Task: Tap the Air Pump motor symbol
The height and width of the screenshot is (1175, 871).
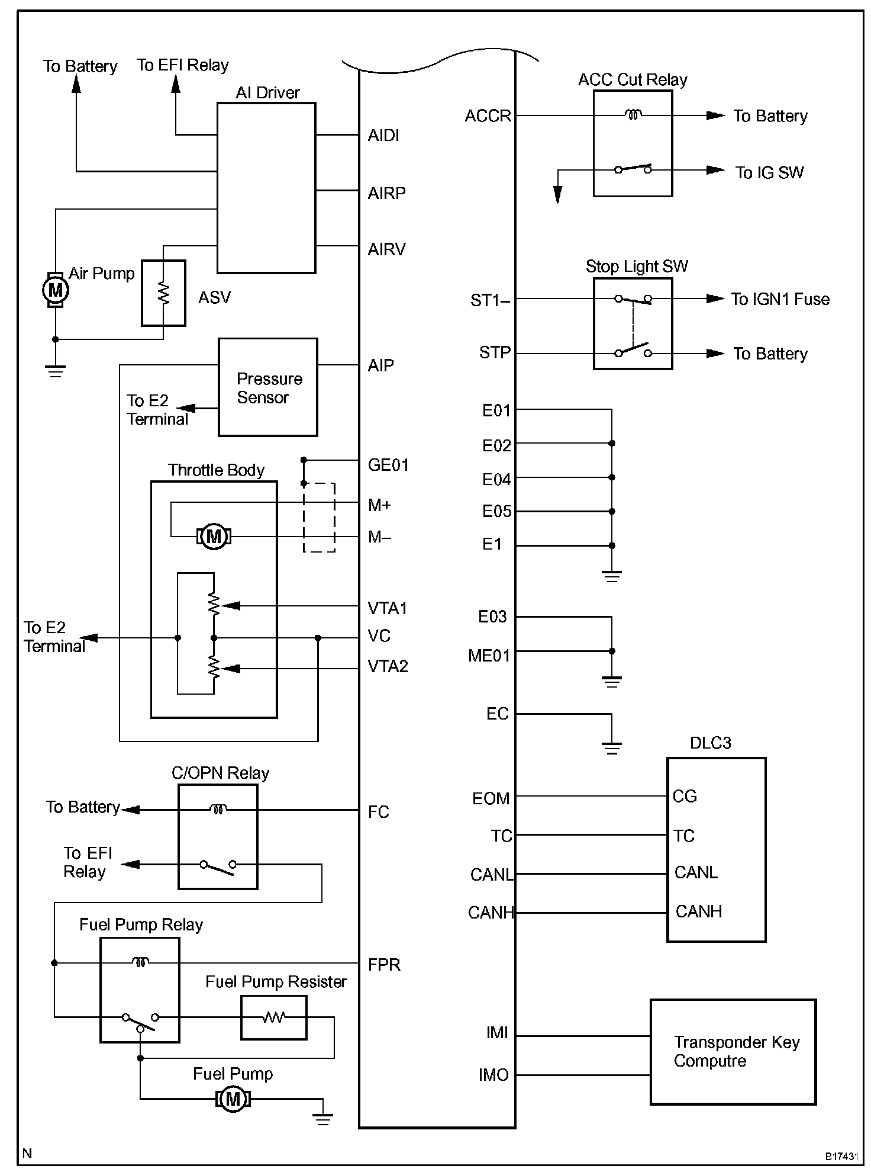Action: tap(56, 290)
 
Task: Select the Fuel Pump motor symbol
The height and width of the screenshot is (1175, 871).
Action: tap(233, 1099)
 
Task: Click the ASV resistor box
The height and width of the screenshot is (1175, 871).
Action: tap(163, 293)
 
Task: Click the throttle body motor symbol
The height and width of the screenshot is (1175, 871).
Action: tap(214, 537)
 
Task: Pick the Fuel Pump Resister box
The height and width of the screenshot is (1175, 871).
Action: tap(274, 1017)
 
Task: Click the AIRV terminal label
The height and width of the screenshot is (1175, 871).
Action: tap(387, 249)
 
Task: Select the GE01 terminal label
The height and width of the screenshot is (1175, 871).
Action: tap(388, 465)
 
